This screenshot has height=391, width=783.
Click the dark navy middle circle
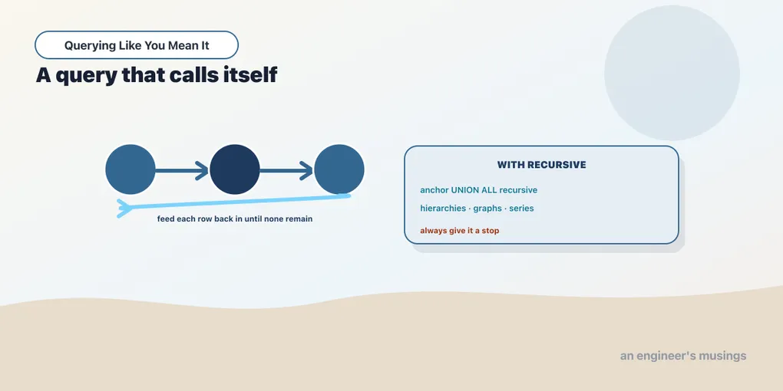[x=235, y=169]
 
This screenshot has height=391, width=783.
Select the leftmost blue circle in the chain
[x=130, y=169]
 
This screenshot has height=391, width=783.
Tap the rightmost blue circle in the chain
[x=339, y=169]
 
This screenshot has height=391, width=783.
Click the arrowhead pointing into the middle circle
[x=202, y=170]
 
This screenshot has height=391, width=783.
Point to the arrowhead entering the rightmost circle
[x=306, y=170]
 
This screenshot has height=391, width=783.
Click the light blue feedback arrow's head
[x=124, y=209]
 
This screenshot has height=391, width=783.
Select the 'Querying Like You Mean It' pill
[x=137, y=45]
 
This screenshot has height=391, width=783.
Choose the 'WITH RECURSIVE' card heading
[x=541, y=165]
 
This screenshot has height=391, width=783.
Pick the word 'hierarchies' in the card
[x=443, y=209]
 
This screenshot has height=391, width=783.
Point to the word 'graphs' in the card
[x=487, y=209]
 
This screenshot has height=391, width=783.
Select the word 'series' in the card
[x=521, y=209]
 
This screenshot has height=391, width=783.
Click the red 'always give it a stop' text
[x=459, y=231]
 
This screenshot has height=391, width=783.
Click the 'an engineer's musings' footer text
[x=683, y=356]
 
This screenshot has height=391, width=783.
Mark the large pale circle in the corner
[x=672, y=73]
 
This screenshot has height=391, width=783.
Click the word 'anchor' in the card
[x=434, y=190]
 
